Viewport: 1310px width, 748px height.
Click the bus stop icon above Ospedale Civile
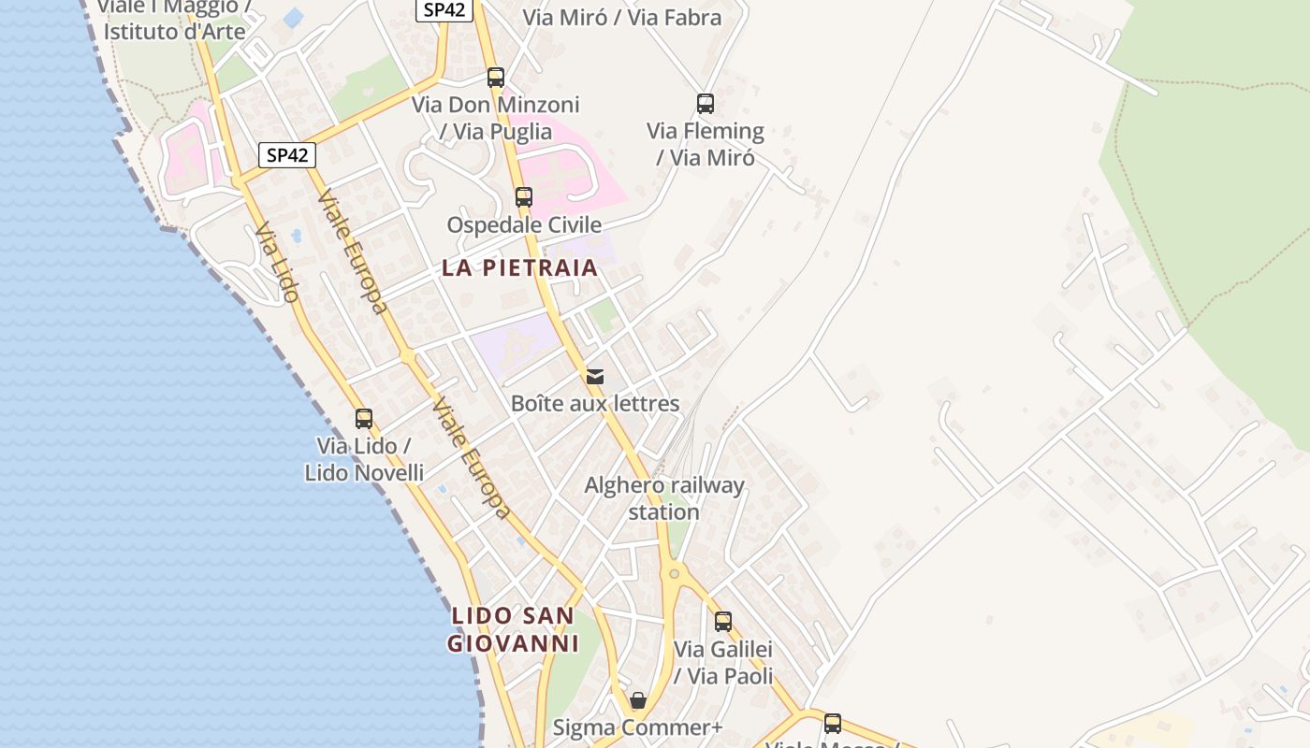click(x=524, y=197)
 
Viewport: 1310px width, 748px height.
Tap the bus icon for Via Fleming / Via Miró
click(x=706, y=103)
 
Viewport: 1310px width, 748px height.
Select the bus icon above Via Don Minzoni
click(x=496, y=78)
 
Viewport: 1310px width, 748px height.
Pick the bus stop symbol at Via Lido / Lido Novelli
click(x=364, y=419)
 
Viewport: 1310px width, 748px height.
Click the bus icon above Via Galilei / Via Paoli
click(x=723, y=621)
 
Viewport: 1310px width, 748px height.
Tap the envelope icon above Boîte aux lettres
click(x=595, y=377)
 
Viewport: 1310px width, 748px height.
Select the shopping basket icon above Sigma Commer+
click(x=638, y=700)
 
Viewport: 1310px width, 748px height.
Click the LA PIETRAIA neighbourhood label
click(x=519, y=268)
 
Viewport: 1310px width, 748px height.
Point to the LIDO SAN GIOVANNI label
click(x=512, y=629)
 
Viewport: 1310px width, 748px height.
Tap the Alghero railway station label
click(x=664, y=498)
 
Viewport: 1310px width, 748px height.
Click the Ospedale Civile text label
click(x=524, y=225)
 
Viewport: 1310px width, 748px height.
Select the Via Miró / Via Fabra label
click(x=622, y=18)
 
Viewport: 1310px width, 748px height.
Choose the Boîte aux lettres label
click(x=595, y=404)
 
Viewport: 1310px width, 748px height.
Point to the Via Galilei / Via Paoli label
click(x=723, y=662)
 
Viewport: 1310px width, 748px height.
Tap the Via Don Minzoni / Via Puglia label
click(x=496, y=118)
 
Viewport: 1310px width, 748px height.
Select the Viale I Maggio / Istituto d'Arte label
click(x=174, y=19)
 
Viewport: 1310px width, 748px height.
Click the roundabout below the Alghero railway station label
click(x=673, y=574)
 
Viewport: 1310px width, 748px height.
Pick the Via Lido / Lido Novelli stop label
click(x=364, y=459)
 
